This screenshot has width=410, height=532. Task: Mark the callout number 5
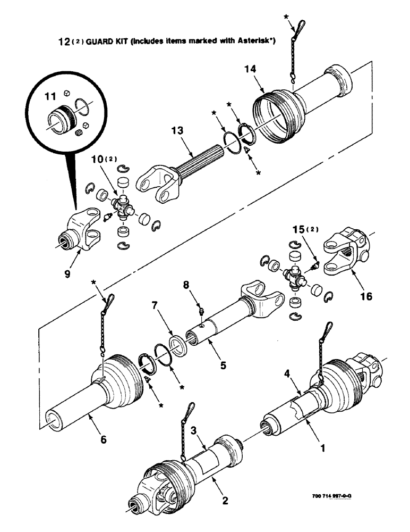(223, 365)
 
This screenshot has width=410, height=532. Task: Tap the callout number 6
(104, 439)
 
